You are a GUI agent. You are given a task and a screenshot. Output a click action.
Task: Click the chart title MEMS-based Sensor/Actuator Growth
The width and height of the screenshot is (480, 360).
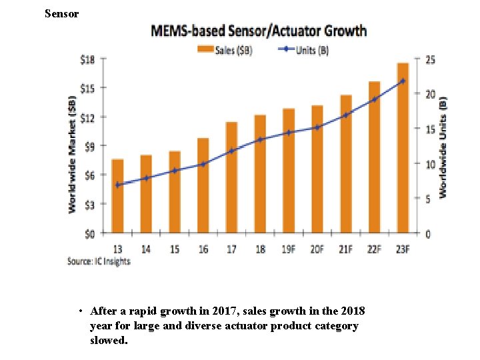point(259,31)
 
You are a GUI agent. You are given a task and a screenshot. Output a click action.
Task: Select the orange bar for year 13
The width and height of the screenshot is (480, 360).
point(117,196)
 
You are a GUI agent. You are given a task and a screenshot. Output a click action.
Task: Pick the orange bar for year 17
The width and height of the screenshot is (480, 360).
point(231,177)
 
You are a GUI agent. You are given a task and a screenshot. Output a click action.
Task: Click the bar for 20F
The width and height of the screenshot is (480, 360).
point(317,169)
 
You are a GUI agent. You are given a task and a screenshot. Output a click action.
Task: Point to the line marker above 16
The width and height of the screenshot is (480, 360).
point(203,164)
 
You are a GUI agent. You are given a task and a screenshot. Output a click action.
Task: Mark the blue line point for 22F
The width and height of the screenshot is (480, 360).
point(375,99)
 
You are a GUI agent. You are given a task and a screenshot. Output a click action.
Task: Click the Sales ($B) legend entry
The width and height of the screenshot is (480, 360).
point(224,50)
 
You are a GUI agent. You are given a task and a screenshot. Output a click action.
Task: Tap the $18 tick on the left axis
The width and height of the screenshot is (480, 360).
point(88,59)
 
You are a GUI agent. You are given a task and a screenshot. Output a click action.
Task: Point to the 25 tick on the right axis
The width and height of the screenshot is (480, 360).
point(431,60)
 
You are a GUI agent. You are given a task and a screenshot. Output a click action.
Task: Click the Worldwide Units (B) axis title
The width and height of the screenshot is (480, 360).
point(443,147)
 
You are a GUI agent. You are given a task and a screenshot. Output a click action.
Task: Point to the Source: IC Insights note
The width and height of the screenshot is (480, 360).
point(99,261)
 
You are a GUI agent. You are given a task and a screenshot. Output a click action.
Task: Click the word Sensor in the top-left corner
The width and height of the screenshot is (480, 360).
point(61,13)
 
